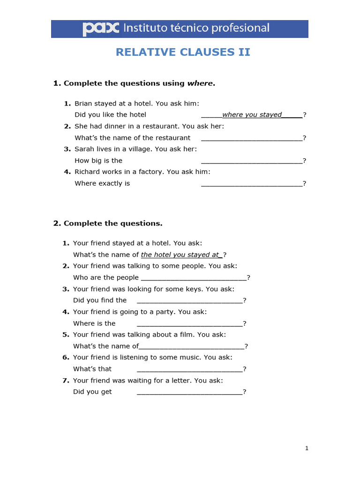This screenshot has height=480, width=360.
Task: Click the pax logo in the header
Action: (101, 29)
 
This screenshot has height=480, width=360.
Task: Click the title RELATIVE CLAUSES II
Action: (183, 52)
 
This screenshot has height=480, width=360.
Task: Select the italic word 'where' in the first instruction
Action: (200, 83)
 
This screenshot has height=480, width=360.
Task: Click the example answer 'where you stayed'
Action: (252, 114)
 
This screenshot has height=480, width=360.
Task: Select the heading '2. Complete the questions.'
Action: (108, 223)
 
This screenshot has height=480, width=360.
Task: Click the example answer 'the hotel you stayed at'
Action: (180, 255)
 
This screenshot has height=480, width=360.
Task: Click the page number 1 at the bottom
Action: (307, 449)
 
